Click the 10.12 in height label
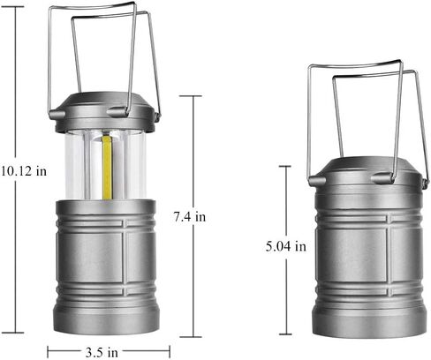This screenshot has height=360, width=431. tap(24, 171)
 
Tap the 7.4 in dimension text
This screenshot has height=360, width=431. tap(190, 217)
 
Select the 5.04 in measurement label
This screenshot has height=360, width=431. tap(286, 246)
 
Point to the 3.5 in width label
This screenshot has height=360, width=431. tap(102, 352)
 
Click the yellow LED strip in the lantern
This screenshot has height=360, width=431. tap(108, 167)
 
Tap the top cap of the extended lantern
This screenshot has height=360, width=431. tap(105, 112)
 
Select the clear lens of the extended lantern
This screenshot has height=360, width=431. tap(105, 165)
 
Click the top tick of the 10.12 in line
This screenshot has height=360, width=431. tap(15, 7)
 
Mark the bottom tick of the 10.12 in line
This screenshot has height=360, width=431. tap(15, 333)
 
